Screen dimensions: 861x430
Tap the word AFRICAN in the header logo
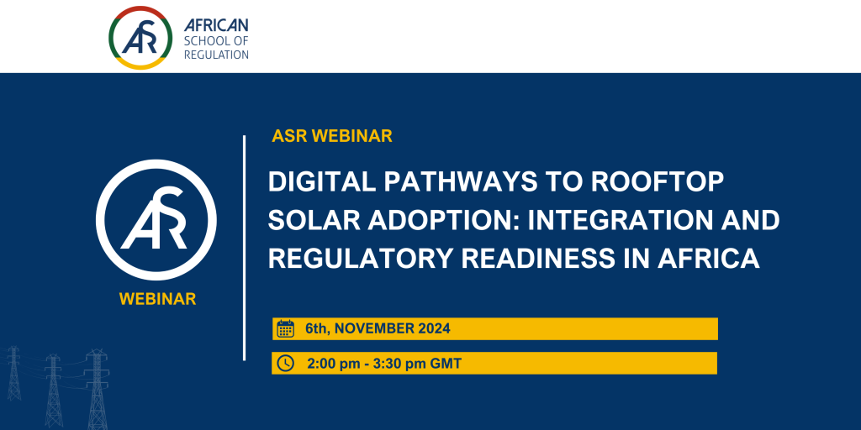tap(216, 25)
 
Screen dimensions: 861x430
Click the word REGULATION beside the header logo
tap(216, 55)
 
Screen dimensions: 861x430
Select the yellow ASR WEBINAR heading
tap(332, 136)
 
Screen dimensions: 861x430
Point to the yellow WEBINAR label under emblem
tap(157, 299)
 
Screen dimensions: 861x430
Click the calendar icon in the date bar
tap(286, 328)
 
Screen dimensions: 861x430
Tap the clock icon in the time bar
tap(286, 363)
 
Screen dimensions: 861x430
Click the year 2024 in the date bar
tap(434, 328)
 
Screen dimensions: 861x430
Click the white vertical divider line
tap(245, 248)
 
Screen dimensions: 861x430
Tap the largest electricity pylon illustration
tap(97, 389)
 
